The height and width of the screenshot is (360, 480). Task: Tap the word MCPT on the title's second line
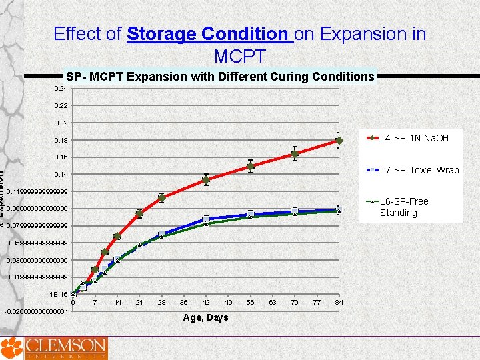(240, 56)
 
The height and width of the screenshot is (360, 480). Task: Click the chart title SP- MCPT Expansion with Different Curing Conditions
(220, 77)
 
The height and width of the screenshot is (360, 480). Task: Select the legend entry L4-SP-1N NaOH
(413, 138)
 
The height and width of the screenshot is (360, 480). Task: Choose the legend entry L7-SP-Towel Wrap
(419, 170)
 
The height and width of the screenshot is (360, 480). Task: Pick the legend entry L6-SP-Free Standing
(403, 207)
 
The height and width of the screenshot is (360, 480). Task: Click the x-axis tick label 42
(206, 303)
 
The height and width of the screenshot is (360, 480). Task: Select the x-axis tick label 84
(339, 303)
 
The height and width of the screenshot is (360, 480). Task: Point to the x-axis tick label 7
(95, 303)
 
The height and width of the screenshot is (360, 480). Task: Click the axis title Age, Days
(205, 317)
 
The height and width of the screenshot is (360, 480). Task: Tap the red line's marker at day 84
(339, 141)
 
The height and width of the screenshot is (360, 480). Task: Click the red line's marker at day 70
(295, 154)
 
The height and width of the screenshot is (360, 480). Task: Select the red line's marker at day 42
(206, 180)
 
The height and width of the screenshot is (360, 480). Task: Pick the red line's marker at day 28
(161, 197)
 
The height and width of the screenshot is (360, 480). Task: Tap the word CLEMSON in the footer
(65, 345)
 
